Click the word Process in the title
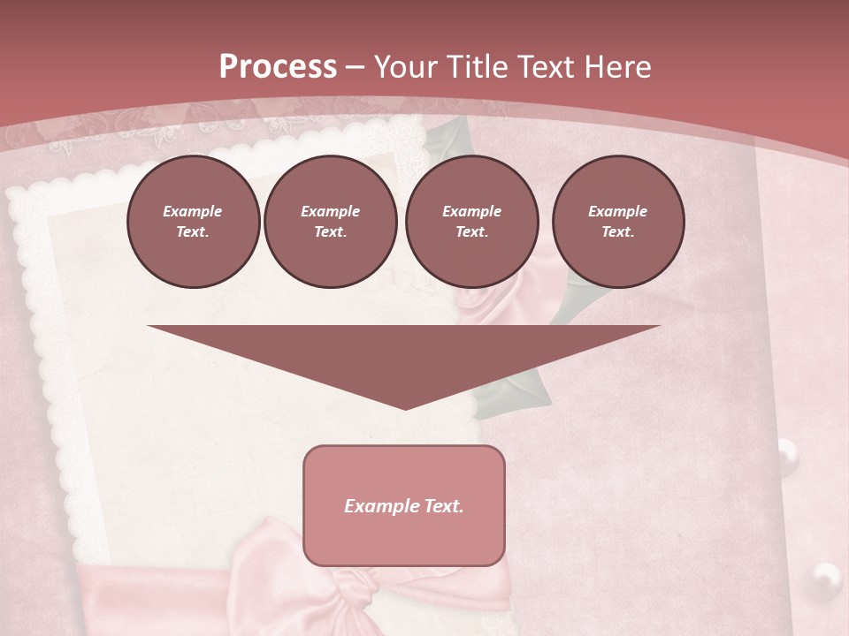coord(278,66)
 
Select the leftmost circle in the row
coord(193,222)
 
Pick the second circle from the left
coord(330,222)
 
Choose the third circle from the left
coord(471,222)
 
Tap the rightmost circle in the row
coord(617,222)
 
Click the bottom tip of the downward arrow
coord(406,407)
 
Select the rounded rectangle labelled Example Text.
coord(404,505)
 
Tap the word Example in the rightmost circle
coord(617,211)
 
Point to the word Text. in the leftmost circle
coord(193,232)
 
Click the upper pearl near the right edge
coord(786,455)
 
